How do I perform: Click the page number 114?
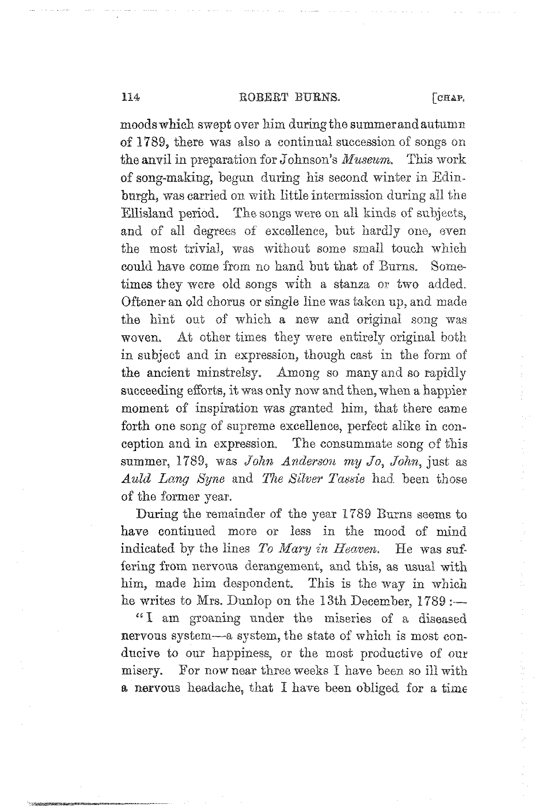pos(130,98)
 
